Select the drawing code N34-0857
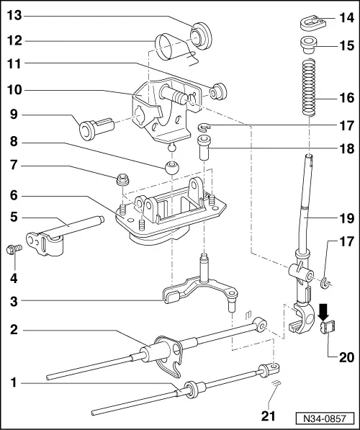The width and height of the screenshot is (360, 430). (x=329, y=417)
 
